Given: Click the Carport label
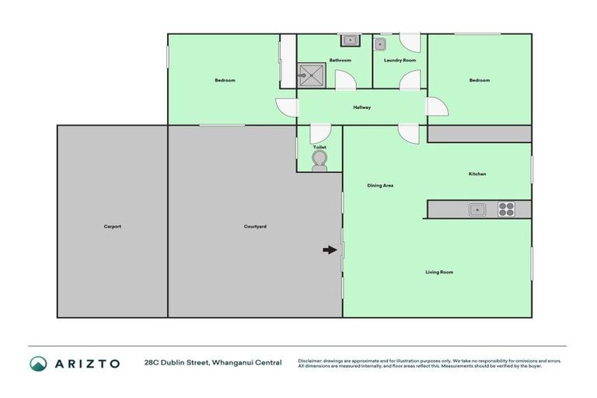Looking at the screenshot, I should click(112, 226).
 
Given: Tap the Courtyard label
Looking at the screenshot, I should click(255, 226).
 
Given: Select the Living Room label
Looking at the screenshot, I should click(439, 272).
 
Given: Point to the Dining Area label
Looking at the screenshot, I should click(380, 185).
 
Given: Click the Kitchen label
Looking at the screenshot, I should click(477, 174).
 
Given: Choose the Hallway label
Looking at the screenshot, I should click(361, 107).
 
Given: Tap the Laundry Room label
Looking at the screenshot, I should click(400, 60).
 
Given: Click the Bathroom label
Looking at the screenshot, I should click(340, 60).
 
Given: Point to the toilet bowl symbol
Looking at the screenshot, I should click(319, 160).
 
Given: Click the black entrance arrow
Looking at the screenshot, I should click(330, 250).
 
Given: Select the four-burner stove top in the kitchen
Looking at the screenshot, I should click(506, 208).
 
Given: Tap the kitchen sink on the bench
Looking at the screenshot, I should click(477, 208).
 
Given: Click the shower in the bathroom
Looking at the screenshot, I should click(314, 75).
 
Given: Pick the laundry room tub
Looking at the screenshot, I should click(382, 44).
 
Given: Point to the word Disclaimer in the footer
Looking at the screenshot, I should click(310, 361).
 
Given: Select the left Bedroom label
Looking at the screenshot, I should click(225, 80).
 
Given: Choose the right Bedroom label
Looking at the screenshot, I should click(479, 80).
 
